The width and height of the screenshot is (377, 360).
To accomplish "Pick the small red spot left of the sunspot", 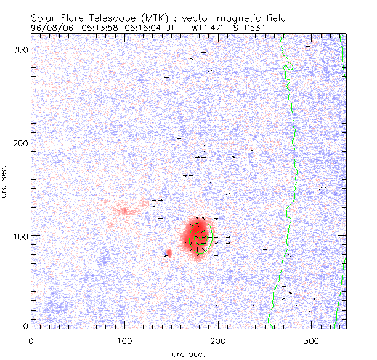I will click(169, 252).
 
